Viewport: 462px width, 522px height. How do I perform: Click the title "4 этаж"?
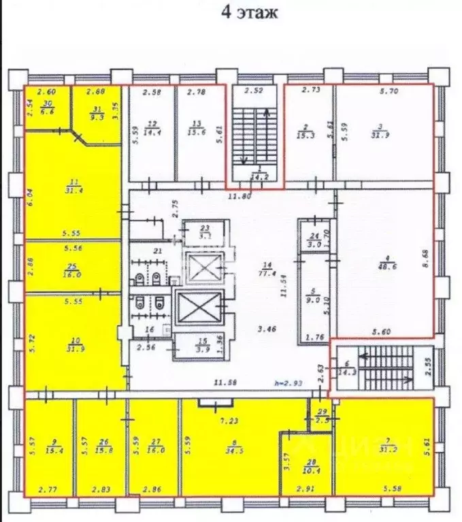pos(248,13)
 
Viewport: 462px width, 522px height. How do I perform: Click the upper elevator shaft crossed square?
pos(203,267)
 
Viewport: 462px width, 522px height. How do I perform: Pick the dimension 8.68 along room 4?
pos(427,259)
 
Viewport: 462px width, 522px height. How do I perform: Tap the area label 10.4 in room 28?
pos(306,471)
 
